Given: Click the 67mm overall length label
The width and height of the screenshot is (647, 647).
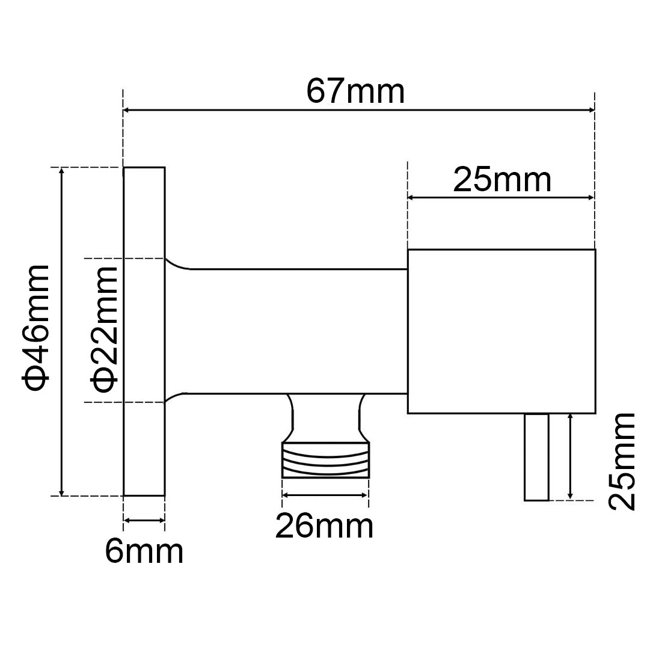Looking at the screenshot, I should (355, 92).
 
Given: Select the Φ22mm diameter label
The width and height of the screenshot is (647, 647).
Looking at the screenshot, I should (103, 330).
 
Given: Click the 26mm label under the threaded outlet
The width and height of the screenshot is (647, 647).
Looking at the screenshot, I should (324, 527).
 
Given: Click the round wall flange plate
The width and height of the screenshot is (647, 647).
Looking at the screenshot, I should (144, 331).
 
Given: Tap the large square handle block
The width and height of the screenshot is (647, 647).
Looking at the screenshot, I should (501, 331).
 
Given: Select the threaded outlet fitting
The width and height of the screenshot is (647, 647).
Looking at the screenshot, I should (325, 460).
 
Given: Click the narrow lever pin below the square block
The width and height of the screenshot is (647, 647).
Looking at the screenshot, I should (536, 457).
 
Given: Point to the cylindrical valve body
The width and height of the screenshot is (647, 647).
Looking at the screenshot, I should (289, 330).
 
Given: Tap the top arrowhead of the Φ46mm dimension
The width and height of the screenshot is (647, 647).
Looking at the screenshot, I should (61, 172).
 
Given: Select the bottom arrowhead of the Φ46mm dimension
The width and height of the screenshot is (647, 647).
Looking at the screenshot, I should (61, 491).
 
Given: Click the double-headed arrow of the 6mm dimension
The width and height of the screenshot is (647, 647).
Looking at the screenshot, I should (144, 521).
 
